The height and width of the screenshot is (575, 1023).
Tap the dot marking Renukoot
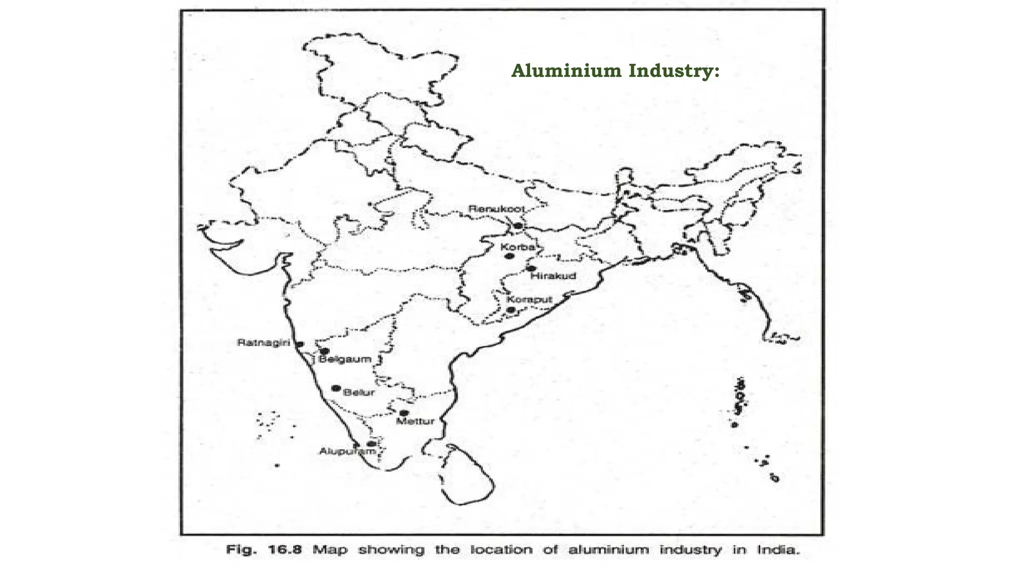518,226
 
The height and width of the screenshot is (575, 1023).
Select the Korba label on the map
517,247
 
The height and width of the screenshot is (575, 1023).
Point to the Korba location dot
510,256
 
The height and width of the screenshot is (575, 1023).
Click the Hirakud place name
553,276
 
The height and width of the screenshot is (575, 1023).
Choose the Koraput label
529,299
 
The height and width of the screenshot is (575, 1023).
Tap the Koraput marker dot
511,310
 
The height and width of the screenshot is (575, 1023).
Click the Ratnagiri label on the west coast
263,343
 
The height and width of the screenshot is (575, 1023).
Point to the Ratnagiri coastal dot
300,344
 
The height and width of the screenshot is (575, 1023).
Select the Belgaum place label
345,359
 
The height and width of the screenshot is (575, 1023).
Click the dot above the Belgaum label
325,351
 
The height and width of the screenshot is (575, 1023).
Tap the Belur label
359,392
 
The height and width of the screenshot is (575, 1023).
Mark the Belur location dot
336,388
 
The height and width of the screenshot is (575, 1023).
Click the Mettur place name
415,421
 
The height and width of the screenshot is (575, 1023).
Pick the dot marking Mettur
404,413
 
